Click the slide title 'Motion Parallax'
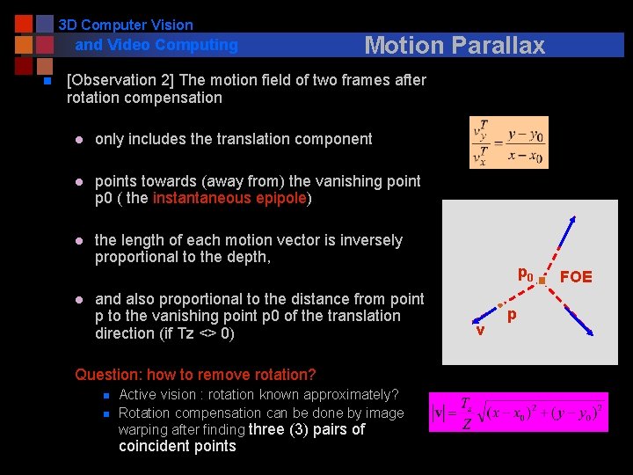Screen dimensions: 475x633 coord(455,45)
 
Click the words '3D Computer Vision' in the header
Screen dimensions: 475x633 coord(126,25)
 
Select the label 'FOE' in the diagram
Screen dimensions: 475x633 coord(576,277)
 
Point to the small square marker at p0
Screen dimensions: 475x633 coord(542,281)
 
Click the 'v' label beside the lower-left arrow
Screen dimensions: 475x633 coord(480,330)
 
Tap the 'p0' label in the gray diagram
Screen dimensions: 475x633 coord(526,274)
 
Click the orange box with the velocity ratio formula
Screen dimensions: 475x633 coord(508,142)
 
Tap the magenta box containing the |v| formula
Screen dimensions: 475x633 coord(518,412)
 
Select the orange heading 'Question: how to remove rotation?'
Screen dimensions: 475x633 coord(195,374)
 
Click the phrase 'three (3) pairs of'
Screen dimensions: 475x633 coord(307,429)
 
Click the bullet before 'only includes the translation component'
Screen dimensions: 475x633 coord(78,139)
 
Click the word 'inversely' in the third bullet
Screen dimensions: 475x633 coord(370,240)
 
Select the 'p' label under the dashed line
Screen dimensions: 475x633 coord(510,315)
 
